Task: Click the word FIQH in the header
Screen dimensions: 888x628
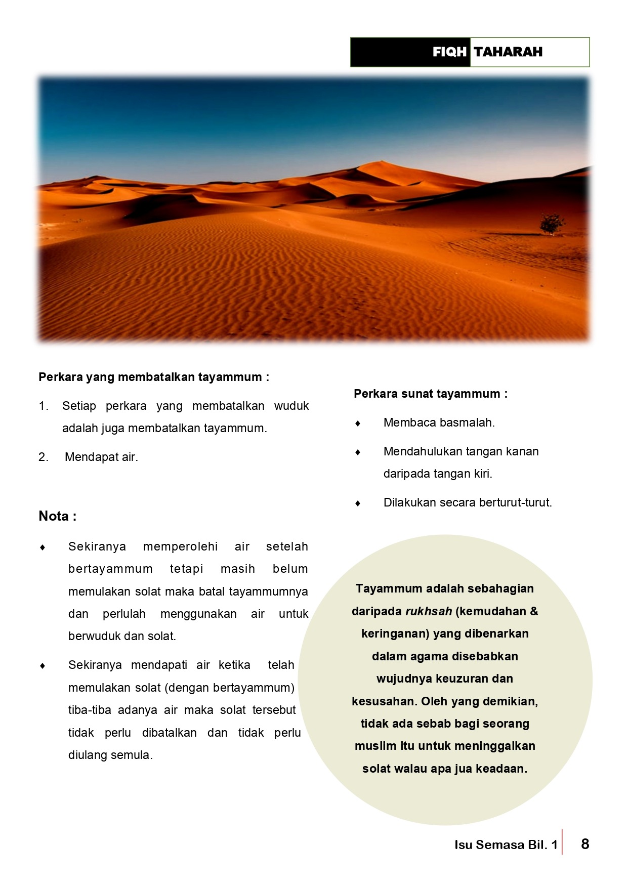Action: [x=449, y=52]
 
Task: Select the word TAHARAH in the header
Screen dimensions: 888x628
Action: [x=508, y=52]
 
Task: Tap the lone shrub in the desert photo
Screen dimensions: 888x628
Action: [x=552, y=224]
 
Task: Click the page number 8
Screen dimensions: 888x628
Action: [x=585, y=843]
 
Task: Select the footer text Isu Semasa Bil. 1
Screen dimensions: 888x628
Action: [x=506, y=844]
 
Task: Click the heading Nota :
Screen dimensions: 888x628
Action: [x=57, y=516]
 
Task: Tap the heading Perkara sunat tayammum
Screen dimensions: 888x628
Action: [x=430, y=394]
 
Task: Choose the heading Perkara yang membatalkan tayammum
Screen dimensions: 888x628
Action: [x=153, y=377]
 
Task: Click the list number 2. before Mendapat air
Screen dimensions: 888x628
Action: [x=44, y=457]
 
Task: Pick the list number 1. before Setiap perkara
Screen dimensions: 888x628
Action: [x=44, y=406]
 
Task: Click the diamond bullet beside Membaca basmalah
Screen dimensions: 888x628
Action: [x=358, y=423]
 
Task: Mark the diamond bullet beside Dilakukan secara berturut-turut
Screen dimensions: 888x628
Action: [x=358, y=503]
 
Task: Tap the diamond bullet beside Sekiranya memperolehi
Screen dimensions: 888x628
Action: [x=43, y=547]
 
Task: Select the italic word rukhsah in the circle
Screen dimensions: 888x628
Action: [x=428, y=611]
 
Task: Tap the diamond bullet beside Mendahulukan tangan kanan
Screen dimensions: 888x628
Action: [x=358, y=452]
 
